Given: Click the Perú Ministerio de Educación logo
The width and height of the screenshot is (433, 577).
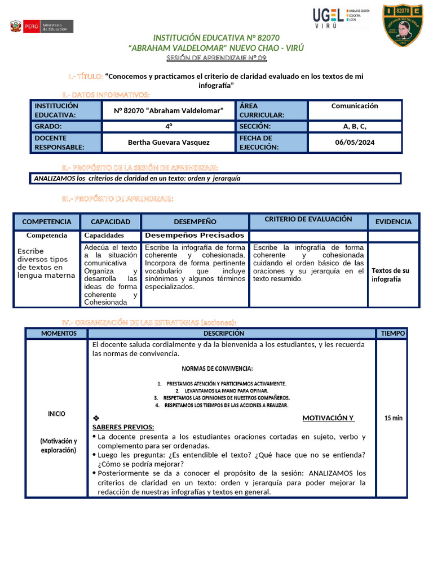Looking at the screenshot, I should (x=41, y=26).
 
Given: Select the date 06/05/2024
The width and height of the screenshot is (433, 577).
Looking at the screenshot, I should (x=354, y=142).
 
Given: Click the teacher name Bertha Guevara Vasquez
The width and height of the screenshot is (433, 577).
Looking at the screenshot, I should (x=169, y=142).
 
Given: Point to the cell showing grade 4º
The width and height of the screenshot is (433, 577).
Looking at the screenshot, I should (x=169, y=126).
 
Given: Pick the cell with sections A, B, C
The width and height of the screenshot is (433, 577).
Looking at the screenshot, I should (x=354, y=126).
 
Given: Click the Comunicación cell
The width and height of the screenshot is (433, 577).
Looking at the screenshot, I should (x=354, y=106).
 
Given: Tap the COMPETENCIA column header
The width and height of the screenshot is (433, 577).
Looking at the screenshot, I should (x=47, y=222).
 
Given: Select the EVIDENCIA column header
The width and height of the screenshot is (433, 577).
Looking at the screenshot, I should (x=394, y=222).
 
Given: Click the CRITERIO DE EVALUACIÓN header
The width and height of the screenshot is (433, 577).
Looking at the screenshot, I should (x=308, y=219).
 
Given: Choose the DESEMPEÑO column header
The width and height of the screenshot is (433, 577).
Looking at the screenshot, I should (x=195, y=222).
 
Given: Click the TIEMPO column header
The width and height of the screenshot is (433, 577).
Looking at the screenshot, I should (x=392, y=334).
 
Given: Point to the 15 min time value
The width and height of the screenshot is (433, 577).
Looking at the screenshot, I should (x=393, y=418).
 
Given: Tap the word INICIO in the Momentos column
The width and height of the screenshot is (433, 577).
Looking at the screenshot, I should (x=56, y=414).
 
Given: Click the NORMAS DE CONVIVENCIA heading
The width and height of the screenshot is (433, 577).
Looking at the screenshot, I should (x=217, y=369).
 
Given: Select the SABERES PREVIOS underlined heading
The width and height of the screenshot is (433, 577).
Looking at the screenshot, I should (x=123, y=427).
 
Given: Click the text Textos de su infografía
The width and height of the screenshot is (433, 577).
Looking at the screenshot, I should (x=390, y=274).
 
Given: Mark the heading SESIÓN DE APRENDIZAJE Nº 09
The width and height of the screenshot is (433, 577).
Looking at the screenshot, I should (x=216, y=59).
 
